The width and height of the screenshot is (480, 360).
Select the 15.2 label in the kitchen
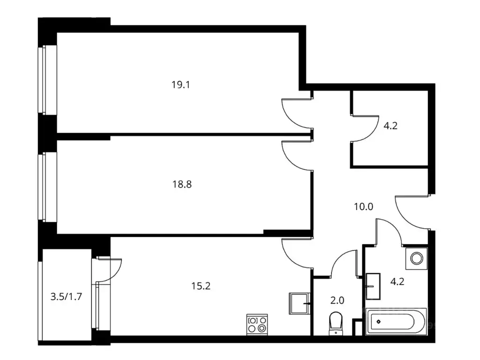[x=201, y=285]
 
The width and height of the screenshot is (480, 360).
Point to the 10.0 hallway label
[x=363, y=206]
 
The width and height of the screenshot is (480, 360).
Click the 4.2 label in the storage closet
[x=390, y=126]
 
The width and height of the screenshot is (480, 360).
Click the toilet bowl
[x=336, y=323]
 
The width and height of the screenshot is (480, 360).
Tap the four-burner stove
[x=257, y=323]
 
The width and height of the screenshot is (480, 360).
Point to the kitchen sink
[x=300, y=303]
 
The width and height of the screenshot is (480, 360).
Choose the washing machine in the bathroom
[x=416, y=257]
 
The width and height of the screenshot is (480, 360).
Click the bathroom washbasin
[x=374, y=286]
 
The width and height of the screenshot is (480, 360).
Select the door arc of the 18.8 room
[x=295, y=157]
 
